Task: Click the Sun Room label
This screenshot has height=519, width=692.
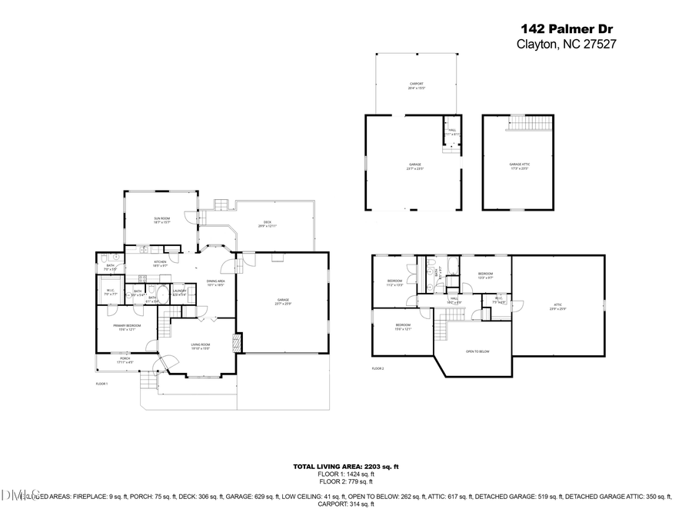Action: click(161, 221)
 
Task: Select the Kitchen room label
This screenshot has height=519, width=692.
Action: click(160, 264)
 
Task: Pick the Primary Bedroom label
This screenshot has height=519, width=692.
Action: click(127, 328)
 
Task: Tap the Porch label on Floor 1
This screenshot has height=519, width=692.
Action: click(125, 360)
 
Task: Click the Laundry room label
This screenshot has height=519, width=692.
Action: click(180, 292)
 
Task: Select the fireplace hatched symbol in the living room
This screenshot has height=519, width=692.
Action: click(238, 342)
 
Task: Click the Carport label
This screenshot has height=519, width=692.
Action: click(416, 86)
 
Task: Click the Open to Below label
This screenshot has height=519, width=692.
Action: click(477, 351)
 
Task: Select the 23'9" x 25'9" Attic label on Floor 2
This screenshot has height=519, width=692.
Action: click(557, 307)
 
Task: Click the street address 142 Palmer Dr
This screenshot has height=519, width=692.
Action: click(565, 29)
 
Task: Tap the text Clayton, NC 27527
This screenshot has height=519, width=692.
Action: click(565, 44)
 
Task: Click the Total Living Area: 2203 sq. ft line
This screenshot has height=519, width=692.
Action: click(345, 467)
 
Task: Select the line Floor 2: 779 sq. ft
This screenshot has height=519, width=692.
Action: click(345, 481)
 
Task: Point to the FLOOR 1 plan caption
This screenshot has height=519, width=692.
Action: click(101, 384)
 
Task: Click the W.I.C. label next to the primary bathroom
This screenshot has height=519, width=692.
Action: click(110, 292)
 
